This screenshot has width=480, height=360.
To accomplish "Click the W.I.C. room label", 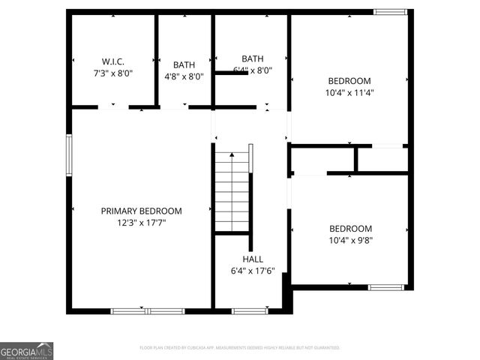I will click(x=113, y=61).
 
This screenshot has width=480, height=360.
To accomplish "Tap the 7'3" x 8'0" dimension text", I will click(x=113, y=73).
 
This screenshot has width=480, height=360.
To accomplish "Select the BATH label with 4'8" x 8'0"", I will click(x=184, y=64).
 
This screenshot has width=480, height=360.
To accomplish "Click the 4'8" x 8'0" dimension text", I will click(x=184, y=76).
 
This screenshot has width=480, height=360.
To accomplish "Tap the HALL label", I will click(x=252, y=259).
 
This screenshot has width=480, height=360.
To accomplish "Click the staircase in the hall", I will click(x=232, y=192).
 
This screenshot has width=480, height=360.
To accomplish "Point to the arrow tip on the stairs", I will click(x=232, y=153).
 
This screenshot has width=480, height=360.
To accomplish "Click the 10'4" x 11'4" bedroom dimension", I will click(x=349, y=93).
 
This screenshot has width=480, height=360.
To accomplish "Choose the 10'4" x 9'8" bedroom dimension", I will click(x=349, y=241).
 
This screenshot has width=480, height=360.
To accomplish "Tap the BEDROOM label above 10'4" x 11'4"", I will click(x=349, y=81).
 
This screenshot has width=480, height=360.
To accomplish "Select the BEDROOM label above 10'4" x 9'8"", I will click(x=350, y=229).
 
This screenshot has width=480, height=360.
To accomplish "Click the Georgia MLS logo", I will click(x=26, y=351).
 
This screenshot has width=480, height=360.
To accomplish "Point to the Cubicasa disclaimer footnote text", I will click(x=240, y=348).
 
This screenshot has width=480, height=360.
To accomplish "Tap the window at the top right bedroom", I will click(x=390, y=12).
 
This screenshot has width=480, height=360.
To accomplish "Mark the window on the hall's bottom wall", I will click(x=249, y=310).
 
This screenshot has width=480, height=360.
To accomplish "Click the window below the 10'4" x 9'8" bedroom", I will click(x=385, y=286).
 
